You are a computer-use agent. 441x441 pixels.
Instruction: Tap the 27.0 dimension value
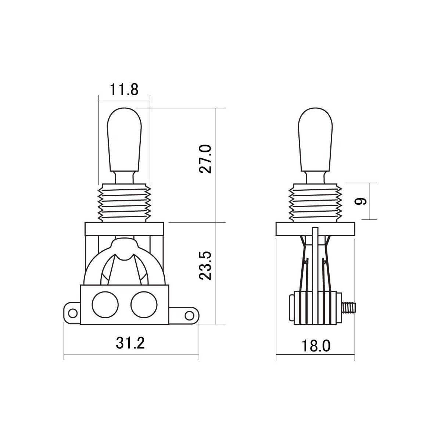[205, 159]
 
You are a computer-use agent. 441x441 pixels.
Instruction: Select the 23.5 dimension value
[205, 266]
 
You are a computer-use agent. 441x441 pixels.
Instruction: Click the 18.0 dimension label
[316, 346]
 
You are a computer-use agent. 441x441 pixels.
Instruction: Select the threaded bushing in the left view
[124, 203]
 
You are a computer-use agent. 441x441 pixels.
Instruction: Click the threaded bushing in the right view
[315, 203]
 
